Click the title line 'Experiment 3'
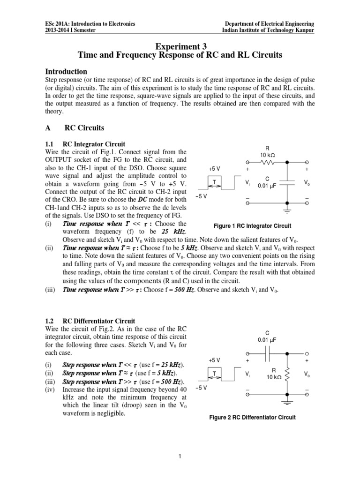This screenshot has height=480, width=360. coord(180,45)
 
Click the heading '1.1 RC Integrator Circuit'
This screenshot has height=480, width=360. coord(85,143)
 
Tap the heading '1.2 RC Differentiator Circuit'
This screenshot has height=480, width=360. coord(90,321)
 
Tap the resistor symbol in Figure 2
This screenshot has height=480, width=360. coord(286,373)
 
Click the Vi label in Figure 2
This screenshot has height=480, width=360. coord(247,374)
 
